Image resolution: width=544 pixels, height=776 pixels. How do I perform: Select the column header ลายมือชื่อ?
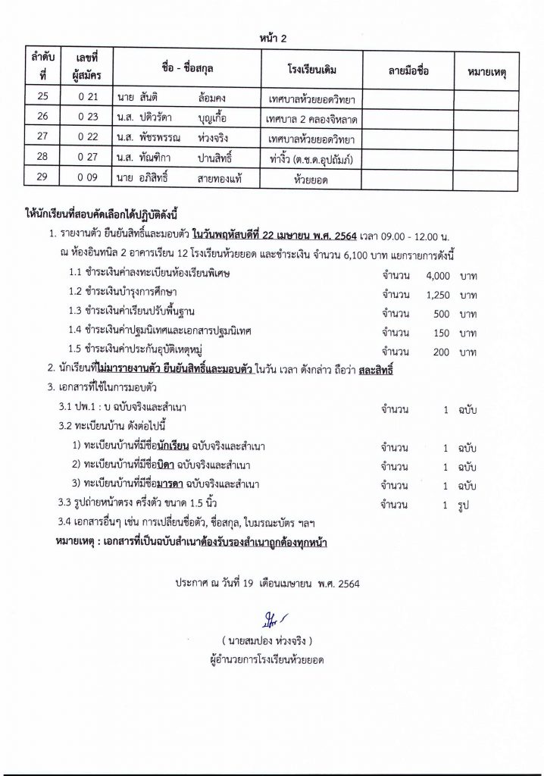(408, 70)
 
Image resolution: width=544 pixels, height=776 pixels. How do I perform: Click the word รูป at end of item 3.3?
(463, 503)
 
